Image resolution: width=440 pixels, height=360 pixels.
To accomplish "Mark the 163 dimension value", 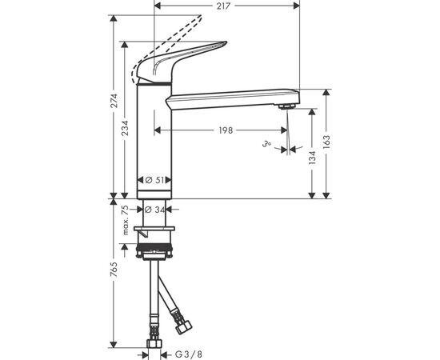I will (326, 142).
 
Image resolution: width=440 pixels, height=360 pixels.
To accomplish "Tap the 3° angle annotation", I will (267, 145).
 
